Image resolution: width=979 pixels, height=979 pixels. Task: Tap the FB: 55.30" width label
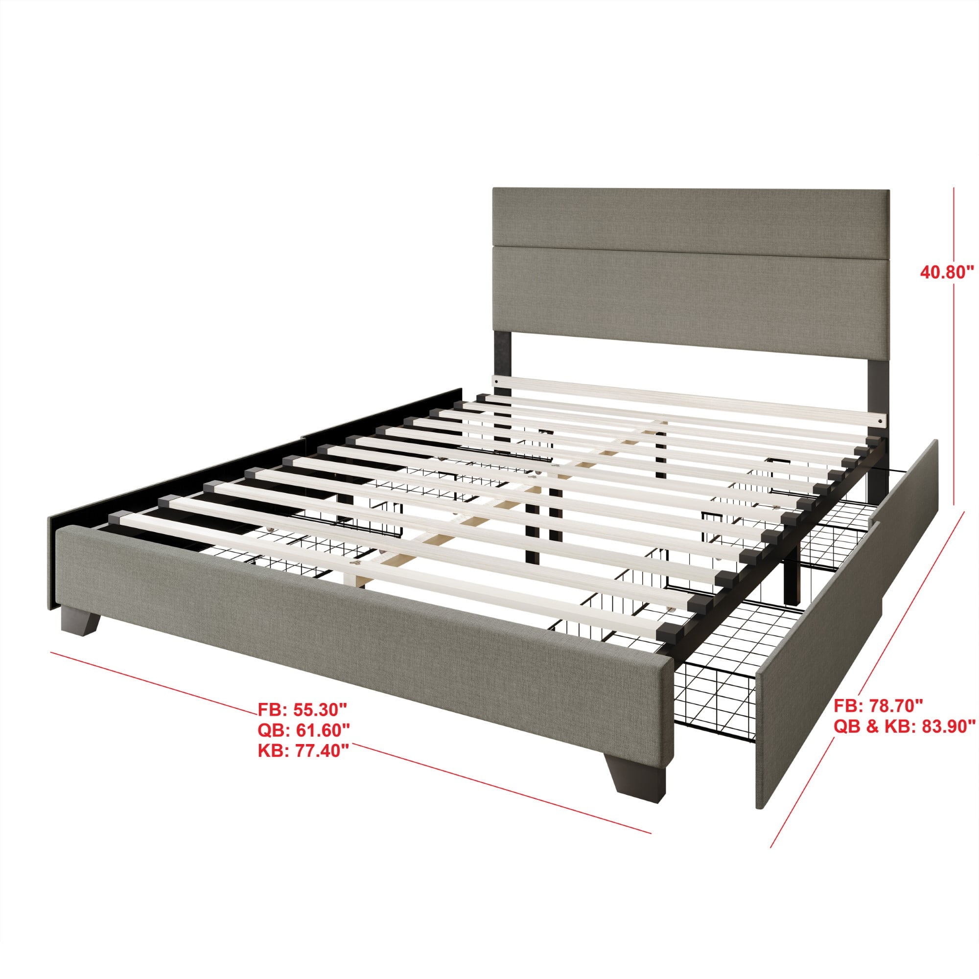point(303,708)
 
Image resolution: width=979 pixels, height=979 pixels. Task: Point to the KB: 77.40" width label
point(303,751)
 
